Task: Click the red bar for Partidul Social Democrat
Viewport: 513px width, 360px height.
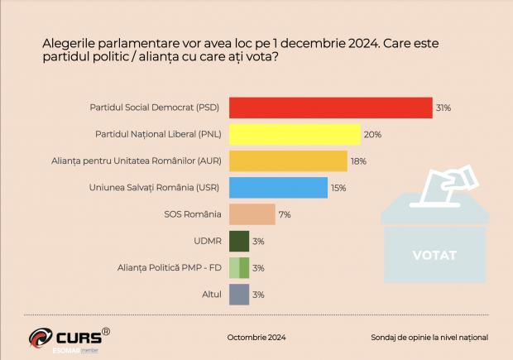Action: (330, 108)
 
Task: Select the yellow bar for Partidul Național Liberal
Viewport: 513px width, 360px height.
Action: (294, 134)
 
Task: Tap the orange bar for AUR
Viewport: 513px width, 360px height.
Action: (287, 161)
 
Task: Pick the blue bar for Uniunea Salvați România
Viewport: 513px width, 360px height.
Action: (278, 188)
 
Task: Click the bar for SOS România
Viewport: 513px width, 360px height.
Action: (252, 214)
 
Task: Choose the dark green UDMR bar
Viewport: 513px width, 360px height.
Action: (238, 241)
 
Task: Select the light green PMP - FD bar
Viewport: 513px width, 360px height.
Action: (238, 267)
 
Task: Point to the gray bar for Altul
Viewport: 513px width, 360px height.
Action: (238, 294)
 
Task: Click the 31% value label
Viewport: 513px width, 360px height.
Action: (443, 108)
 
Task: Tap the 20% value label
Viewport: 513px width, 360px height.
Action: (372, 134)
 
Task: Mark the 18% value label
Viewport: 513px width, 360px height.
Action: (358, 161)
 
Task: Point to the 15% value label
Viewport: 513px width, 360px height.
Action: (339, 188)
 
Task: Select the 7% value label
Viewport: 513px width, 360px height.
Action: (285, 214)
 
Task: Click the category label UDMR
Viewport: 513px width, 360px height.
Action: (207, 241)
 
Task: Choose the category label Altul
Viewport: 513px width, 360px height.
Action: (212, 294)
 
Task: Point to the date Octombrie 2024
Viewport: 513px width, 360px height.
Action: (256, 338)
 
